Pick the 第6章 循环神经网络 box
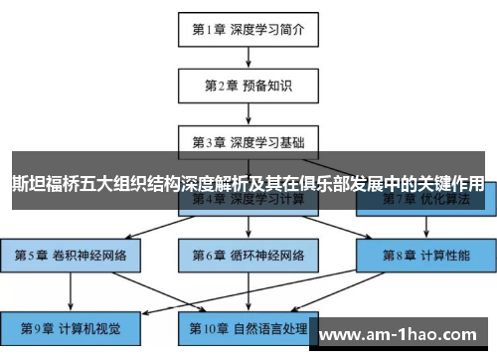(248, 254)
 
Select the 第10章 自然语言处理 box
(248, 326)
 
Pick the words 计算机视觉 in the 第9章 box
(86, 326)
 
